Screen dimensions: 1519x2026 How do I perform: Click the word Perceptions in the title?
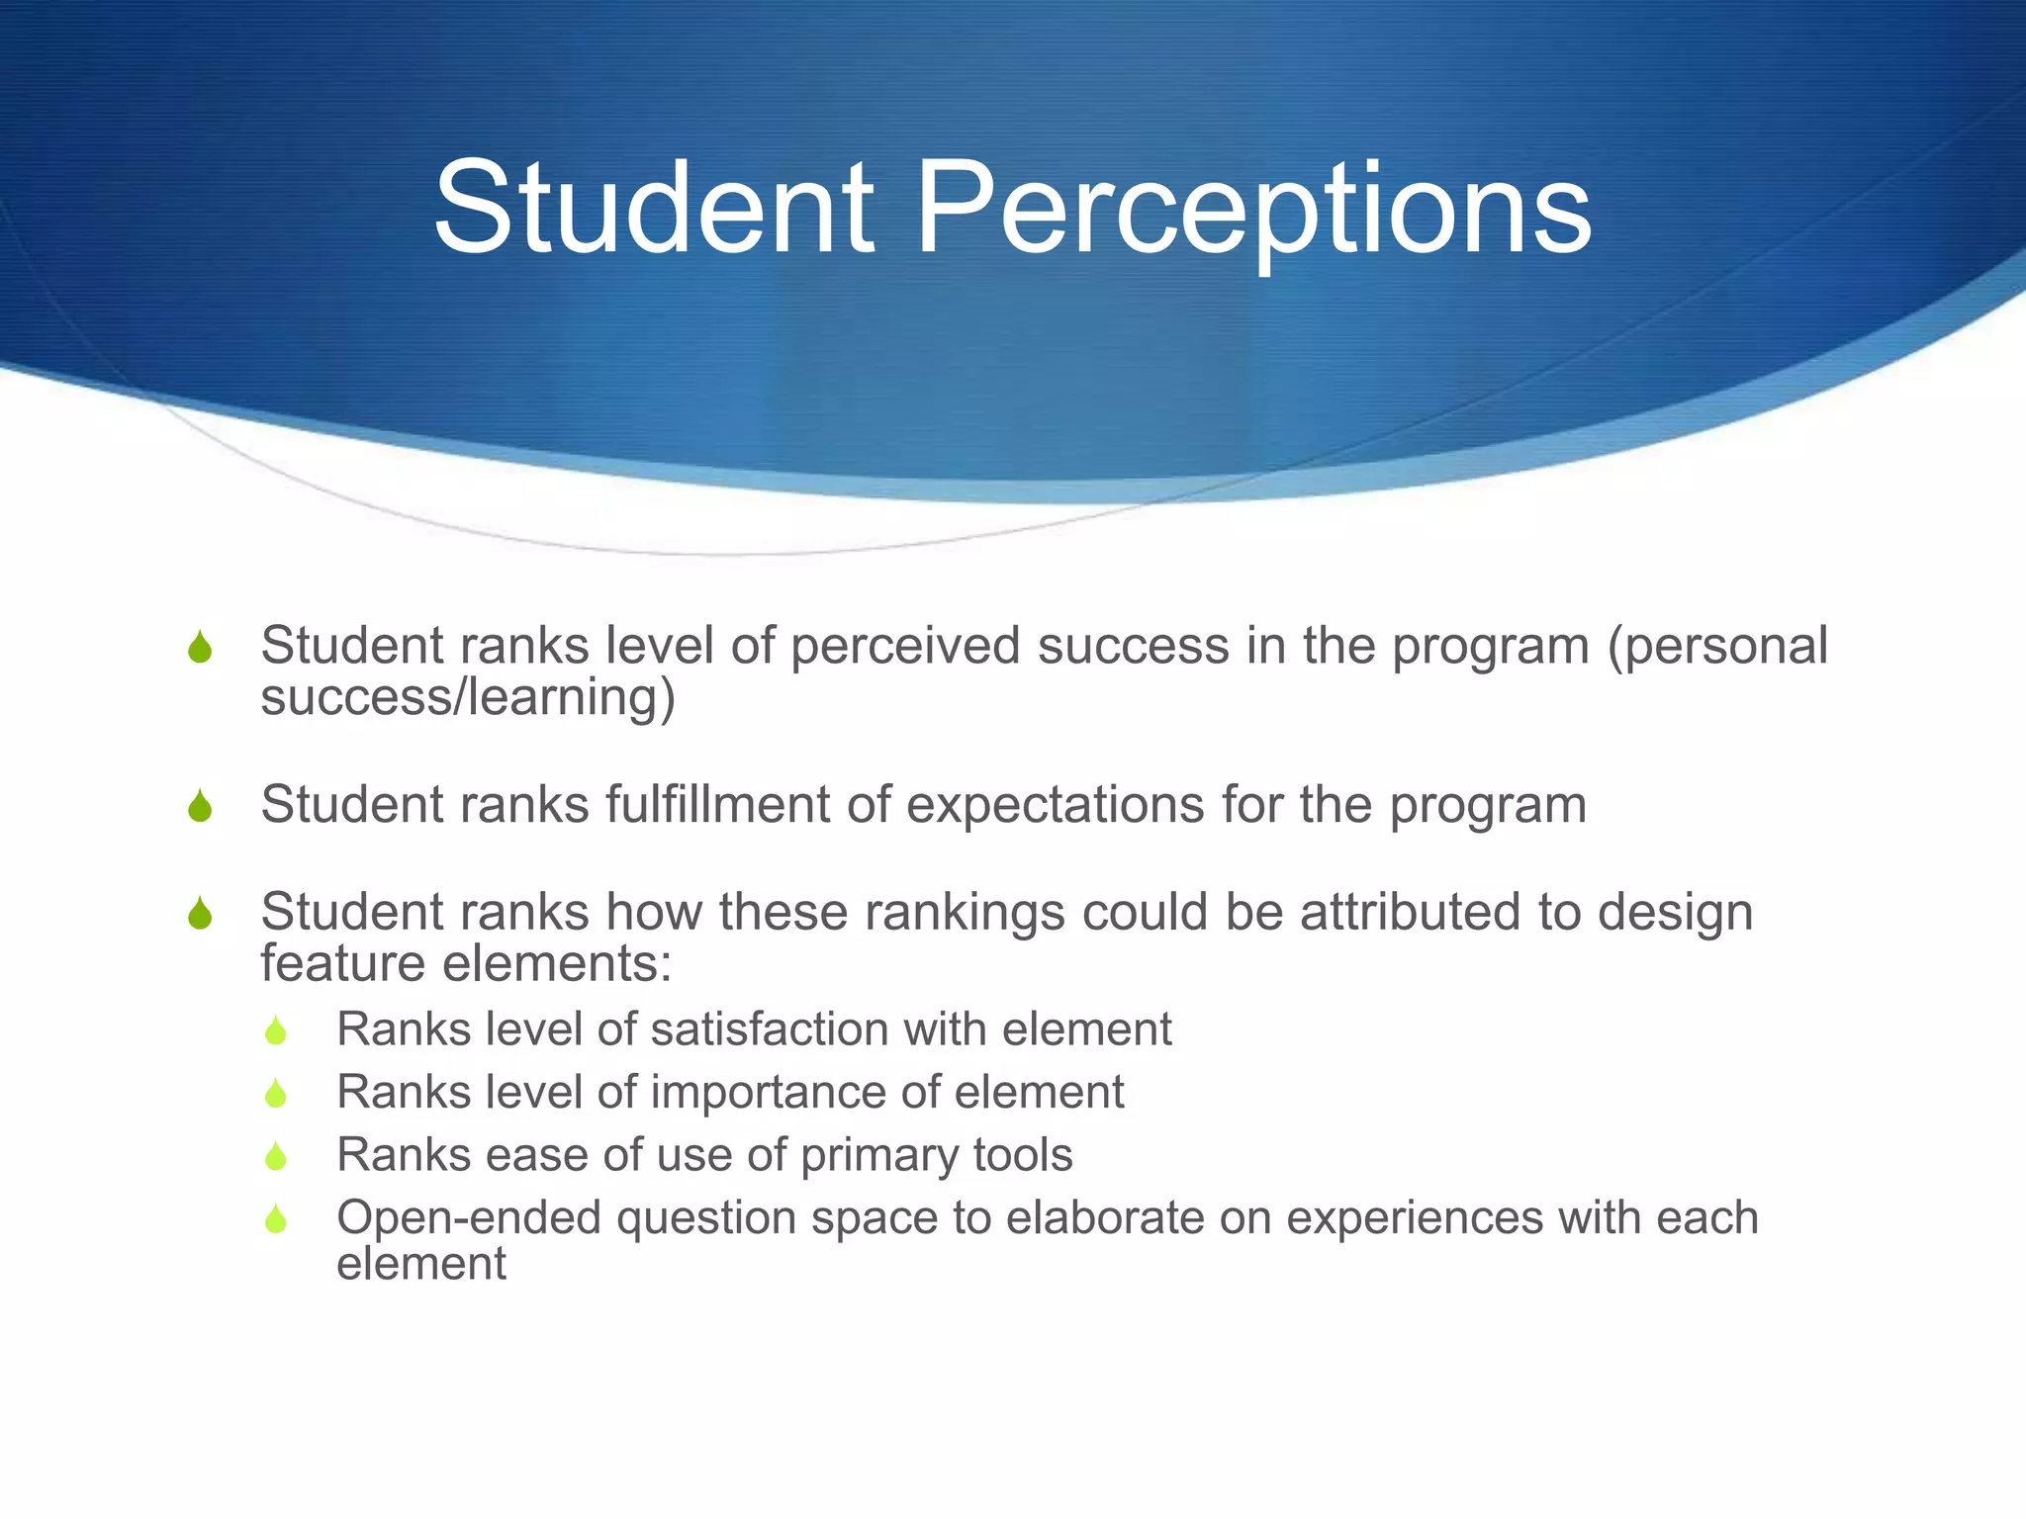pyautogui.click(x=1253, y=209)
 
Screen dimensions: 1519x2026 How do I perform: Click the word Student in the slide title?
pyautogui.click(x=654, y=209)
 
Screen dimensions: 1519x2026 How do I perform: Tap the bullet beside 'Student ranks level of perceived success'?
pyautogui.click(x=200, y=648)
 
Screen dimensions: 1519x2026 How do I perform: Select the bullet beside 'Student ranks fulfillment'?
pyautogui.click(x=200, y=806)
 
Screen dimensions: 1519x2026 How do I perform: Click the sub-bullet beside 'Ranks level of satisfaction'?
pyautogui.click(x=276, y=1031)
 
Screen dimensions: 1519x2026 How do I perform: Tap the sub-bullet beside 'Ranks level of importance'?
pyautogui.click(x=276, y=1094)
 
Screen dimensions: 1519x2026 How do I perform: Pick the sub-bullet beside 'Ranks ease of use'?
pyautogui.click(x=276, y=1156)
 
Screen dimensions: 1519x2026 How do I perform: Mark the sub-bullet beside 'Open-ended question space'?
pyautogui.click(x=276, y=1219)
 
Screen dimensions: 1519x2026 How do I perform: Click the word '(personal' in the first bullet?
pyautogui.click(x=1717, y=647)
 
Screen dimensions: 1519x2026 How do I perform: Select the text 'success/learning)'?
pyautogui.click(x=468, y=697)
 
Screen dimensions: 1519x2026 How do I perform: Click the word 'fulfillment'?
pyautogui.click(x=718, y=804)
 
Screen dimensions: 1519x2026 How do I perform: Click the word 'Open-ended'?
pyautogui.click(x=469, y=1218)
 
